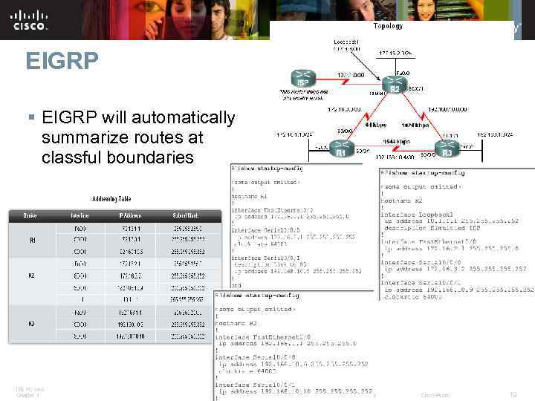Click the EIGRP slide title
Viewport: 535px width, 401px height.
tap(62, 60)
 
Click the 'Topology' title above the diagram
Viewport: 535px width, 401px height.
tap(388, 26)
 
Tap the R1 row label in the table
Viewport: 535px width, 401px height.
tap(33, 241)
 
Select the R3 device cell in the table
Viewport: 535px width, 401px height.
tap(33, 325)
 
